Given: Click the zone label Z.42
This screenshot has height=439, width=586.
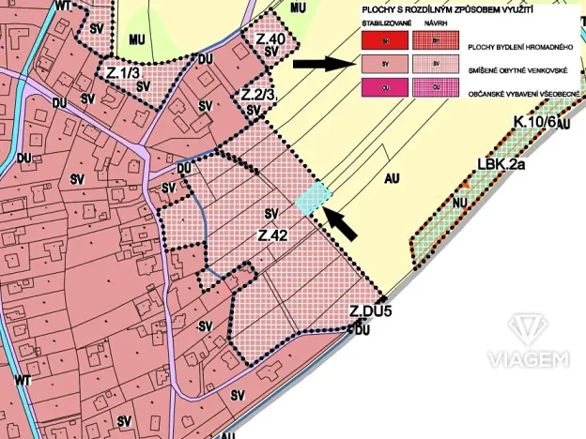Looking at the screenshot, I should (271, 235).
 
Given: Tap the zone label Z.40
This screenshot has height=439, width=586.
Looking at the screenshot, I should (270, 39).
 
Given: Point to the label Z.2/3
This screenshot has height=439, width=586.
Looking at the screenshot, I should (257, 95).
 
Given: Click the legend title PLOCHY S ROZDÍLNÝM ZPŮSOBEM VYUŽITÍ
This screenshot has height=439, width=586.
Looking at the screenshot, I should (428, 10).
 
